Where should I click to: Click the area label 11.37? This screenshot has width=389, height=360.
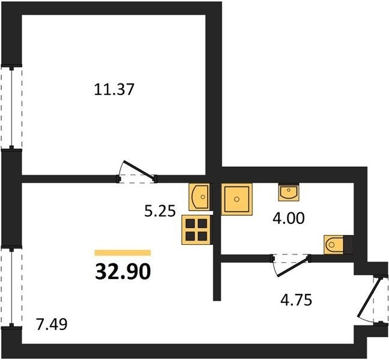[114, 89]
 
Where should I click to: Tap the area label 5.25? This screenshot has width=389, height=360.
[160, 211]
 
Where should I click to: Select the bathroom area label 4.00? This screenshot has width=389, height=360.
[288, 218]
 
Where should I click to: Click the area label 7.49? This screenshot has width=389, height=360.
[52, 324]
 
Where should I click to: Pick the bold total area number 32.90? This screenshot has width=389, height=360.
[123, 271]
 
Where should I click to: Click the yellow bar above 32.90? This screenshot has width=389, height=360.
[123, 253]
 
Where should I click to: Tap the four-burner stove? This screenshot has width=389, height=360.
[197, 230]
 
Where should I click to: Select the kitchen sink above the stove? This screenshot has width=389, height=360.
[199, 197]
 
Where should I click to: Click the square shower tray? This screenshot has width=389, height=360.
[237, 199]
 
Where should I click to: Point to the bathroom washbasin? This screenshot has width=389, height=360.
[289, 192]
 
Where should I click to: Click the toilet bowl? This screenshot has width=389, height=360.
[334, 245]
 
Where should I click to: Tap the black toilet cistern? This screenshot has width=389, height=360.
[348, 245]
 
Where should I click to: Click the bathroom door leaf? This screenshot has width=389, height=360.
[293, 267]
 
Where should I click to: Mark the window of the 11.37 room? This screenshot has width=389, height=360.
[11, 107]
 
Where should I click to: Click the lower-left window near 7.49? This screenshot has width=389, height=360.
[11, 287]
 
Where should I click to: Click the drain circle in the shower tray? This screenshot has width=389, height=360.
[237, 199]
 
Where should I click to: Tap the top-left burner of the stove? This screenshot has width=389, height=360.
[190, 223]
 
